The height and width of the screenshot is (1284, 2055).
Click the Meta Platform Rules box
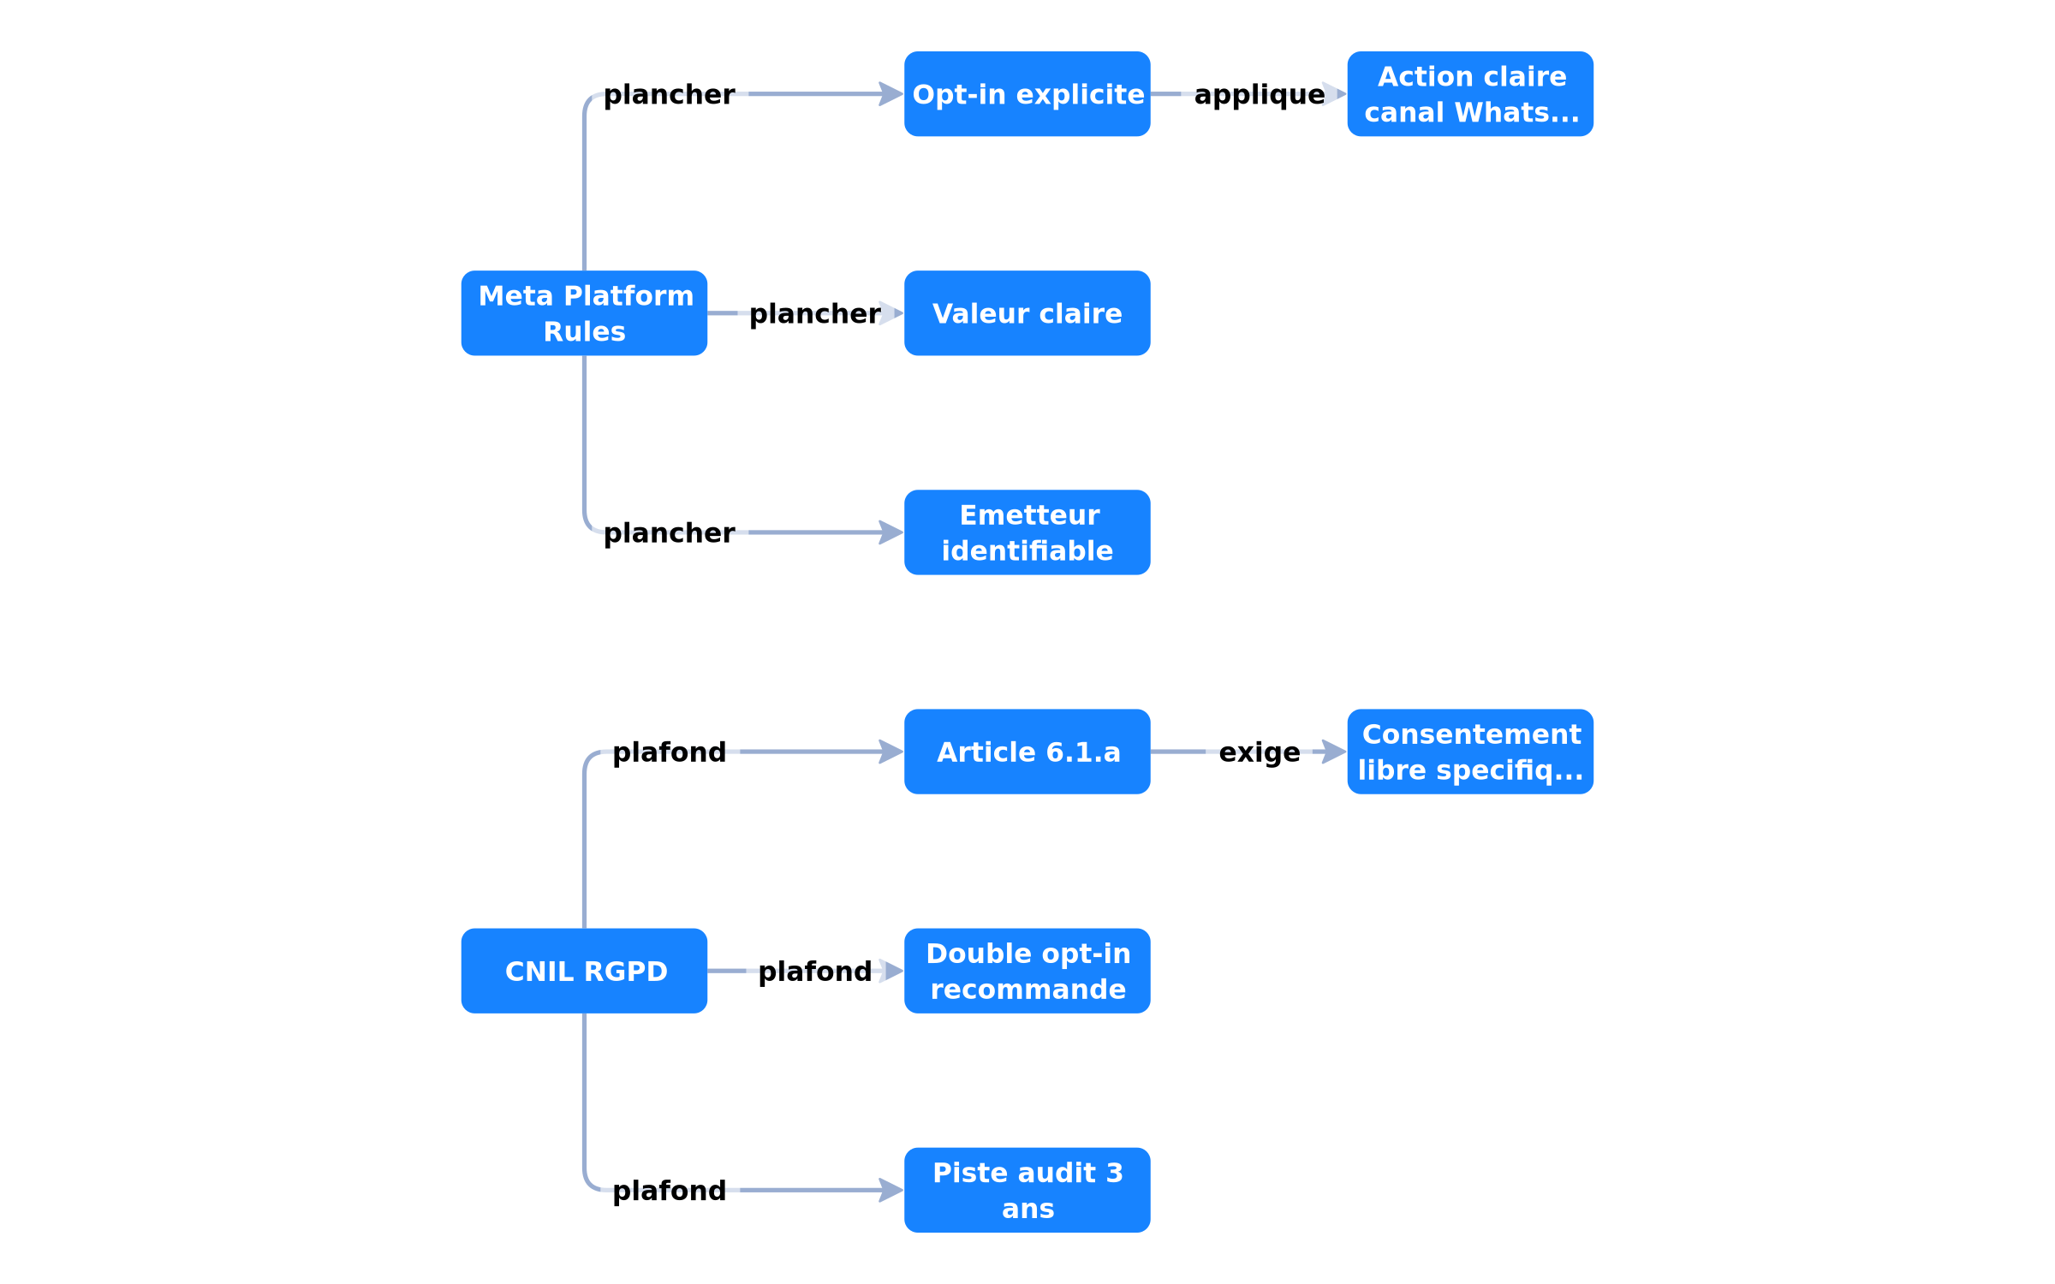(x=584, y=313)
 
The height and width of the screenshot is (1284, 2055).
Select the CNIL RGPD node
(x=584, y=971)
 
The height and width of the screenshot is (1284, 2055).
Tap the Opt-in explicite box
(x=1027, y=94)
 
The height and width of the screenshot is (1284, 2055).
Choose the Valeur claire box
(x=1027, y=313)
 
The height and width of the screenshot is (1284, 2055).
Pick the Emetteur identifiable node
(x=1027, y=532)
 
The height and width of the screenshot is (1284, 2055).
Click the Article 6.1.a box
(x=1027, y=752)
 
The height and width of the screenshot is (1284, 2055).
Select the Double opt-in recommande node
(x=1027, y=971)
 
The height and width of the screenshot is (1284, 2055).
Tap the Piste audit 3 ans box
(x=1027, y=1190)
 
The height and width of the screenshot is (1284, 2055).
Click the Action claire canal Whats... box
(x=1470, y=94)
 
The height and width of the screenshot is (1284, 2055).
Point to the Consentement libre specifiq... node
(x=1470, y=752)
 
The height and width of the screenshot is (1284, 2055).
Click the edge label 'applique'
(x=1260, y=95)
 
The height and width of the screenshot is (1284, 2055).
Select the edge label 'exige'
(x=1260, y=752)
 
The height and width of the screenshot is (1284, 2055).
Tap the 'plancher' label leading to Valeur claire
(x=815, y=314)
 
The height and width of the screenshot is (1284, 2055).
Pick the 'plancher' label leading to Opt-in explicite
(x=670, y=95)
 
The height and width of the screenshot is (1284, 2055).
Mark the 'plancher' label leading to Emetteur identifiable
(x=670, y=533)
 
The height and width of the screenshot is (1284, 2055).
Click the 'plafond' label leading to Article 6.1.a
(x=670, y=752)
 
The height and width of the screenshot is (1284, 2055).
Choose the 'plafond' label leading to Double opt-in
(x=815, y=972)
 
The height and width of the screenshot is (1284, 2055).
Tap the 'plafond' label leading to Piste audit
(x=670, y=1191)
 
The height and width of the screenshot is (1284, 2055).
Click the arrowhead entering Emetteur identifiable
(x=892, y=532)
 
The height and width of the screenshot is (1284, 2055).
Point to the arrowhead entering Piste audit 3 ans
(x=892, y=1190)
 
